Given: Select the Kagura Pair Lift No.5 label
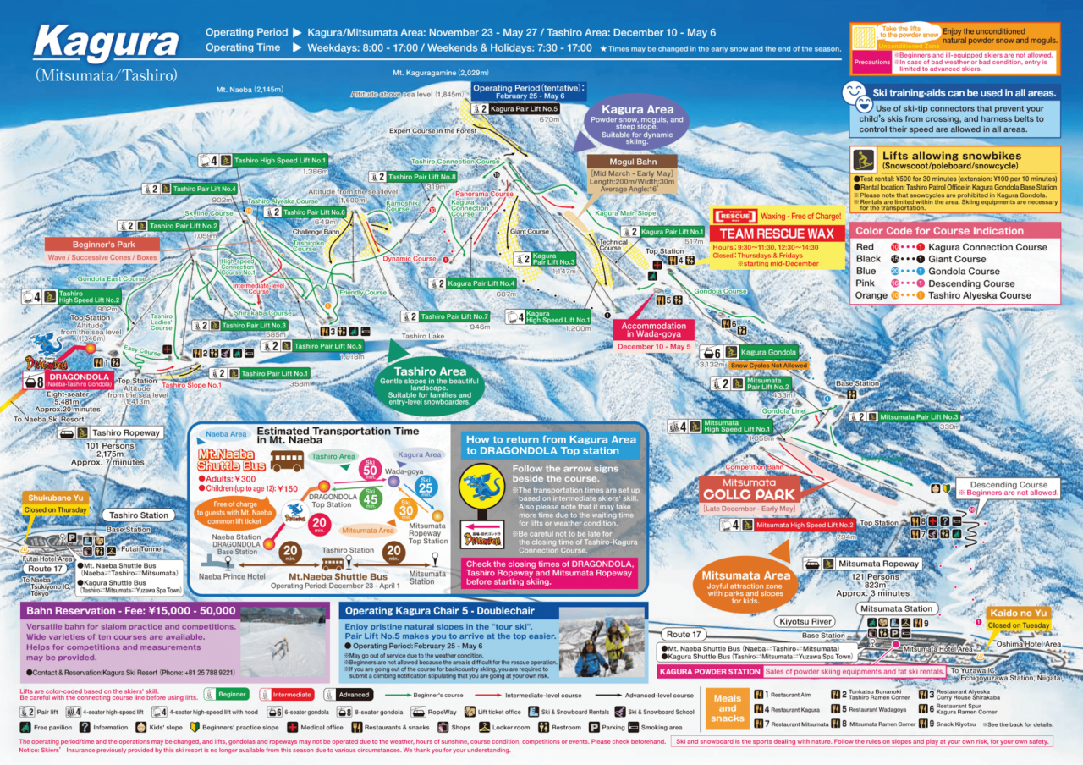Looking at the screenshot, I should point(525,109).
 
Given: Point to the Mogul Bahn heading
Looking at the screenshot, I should point(632,161).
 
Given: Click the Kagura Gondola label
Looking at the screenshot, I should point(769,352).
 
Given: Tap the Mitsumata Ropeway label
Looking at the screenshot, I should point(878,564).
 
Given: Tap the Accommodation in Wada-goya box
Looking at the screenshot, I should point(653,331).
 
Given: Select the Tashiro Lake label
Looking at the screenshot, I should point(423,336).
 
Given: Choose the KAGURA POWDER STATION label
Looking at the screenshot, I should point(709,672).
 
